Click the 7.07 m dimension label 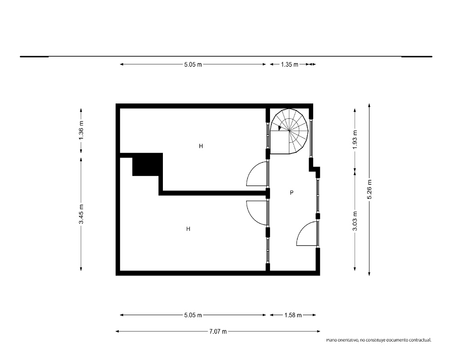click(218, 332)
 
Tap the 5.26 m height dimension click(369, 189)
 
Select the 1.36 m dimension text click(81, 130)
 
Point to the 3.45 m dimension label click(81, 214)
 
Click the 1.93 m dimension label click(355, 140)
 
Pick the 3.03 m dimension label click(355, 221)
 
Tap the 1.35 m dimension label click(289, 65)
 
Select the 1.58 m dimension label click(293, 315)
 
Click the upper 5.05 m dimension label click(193, 65)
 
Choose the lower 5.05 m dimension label click(193, 315)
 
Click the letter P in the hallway click(292, 193)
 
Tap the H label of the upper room click(201, 146)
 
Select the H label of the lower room click(188, 229)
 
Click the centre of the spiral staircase click(289, 131)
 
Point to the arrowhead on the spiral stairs click(280, 128)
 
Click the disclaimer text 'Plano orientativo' click(342, 340)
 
